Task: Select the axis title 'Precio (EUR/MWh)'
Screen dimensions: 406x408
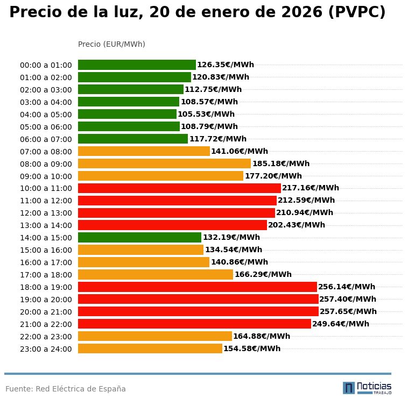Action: [111, 44]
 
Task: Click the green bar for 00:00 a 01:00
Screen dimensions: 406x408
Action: [137, 65]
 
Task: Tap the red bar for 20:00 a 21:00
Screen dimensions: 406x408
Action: [198, 311]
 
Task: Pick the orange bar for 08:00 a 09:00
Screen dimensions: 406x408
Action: [164, 163]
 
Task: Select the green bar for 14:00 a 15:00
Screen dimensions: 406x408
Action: [139, 238]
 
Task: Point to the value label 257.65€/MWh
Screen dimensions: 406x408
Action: [348, 311]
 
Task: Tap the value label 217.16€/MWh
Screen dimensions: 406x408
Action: [311, 188]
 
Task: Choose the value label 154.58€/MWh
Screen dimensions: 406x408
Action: [252, 348]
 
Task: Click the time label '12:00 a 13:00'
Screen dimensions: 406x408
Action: [46, 213]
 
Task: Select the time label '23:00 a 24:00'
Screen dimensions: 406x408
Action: [46, 349]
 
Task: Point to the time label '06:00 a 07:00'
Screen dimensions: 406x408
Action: [46, 139]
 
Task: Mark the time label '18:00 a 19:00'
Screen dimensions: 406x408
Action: [46, 287]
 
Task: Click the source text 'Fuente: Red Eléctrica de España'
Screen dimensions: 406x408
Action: [66, 389]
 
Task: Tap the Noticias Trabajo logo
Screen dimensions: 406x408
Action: [367, 388]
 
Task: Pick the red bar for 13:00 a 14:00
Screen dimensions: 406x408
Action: [172, 225]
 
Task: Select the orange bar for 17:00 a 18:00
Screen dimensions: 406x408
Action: [156, 275]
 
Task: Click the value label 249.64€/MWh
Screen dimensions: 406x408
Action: [341, 324]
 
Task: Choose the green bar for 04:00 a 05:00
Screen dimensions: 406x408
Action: [127, 115]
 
